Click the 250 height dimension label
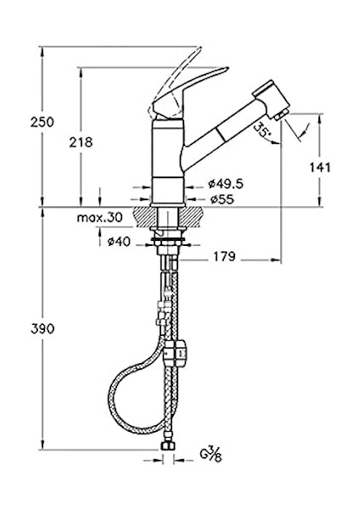[x=42, y=122]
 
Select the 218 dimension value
[x=81, y=143]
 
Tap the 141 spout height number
[x=320, y=167]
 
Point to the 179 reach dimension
[x=224, y=257]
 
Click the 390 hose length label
[x=42, y=329]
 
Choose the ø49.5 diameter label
[x=226, y=184]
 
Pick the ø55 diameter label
[x=222, y=199]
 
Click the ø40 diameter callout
[x=119, y=242]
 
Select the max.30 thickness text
[x=99, y=217]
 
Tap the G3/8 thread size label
[x=211, y=454]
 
